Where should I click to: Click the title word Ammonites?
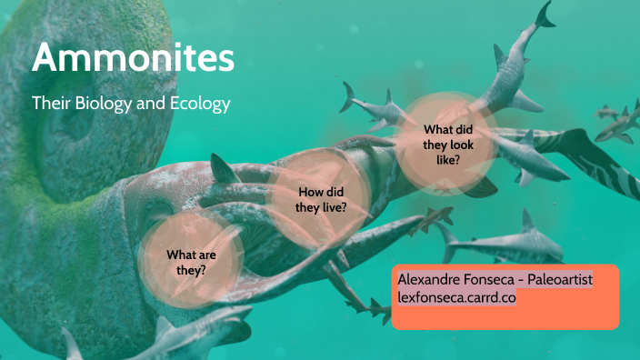point(133,59)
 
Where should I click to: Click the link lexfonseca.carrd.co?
point(456,297)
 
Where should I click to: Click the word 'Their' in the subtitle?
point(51,104)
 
